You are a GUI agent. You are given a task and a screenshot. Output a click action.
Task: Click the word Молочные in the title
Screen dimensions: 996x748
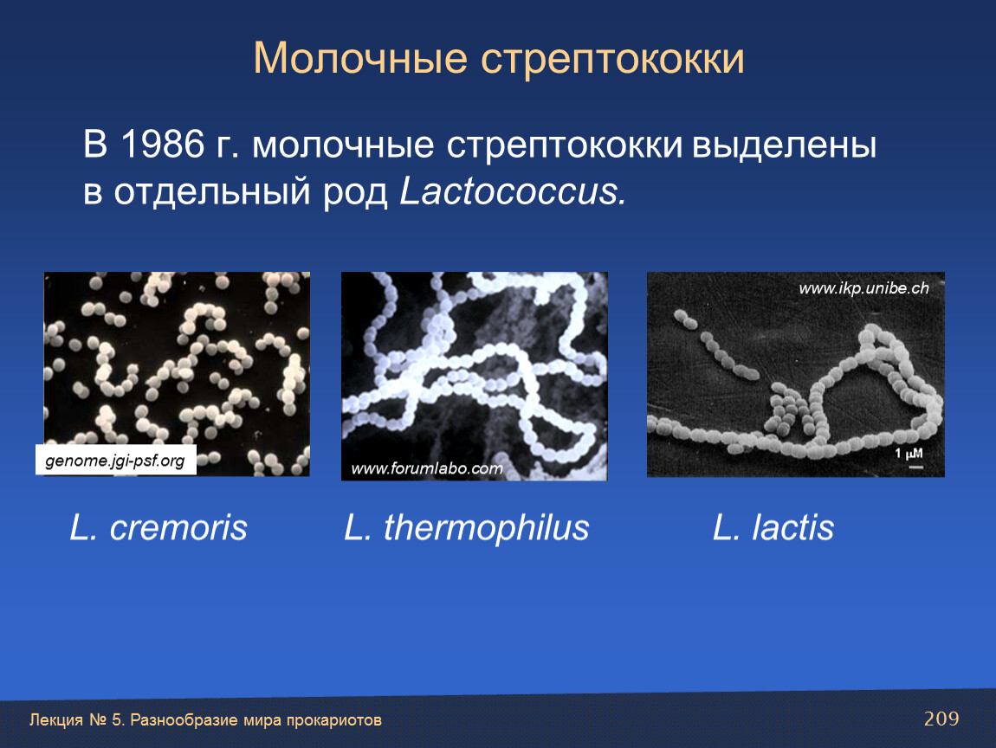pyautogui.click(x=360, y=59)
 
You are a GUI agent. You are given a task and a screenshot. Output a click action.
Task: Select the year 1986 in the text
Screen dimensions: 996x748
pyautogui.click(x=162, y=144)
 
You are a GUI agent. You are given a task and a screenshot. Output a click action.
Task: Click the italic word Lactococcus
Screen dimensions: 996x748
pyautogui.click(x=513, y=190)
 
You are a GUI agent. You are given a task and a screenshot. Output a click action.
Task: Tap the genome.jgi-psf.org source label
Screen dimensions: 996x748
pyautogui.click(x=115, y=461)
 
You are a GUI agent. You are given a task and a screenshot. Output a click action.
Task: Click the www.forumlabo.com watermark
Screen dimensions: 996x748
pyautogui.click(x=426, y=468)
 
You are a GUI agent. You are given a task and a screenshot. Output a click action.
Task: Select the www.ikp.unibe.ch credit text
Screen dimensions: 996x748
pyautogui.click(x=863, y=288)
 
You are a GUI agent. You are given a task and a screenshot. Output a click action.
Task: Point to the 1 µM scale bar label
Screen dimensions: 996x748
pyautogui.click(x=909, y=454)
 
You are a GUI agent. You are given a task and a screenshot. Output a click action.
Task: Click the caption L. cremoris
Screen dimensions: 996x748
pyautogui.click(x=158, y=527)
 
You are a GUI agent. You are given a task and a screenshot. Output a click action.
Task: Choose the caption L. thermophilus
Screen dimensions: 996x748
pyautogui.click(x=467, y=528)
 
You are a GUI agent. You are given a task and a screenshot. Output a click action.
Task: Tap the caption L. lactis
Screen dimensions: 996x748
pyautogui.click(x=773, y=527)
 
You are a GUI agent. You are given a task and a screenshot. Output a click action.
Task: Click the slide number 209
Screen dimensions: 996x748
pyautogui.click(x=941, y=719)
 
